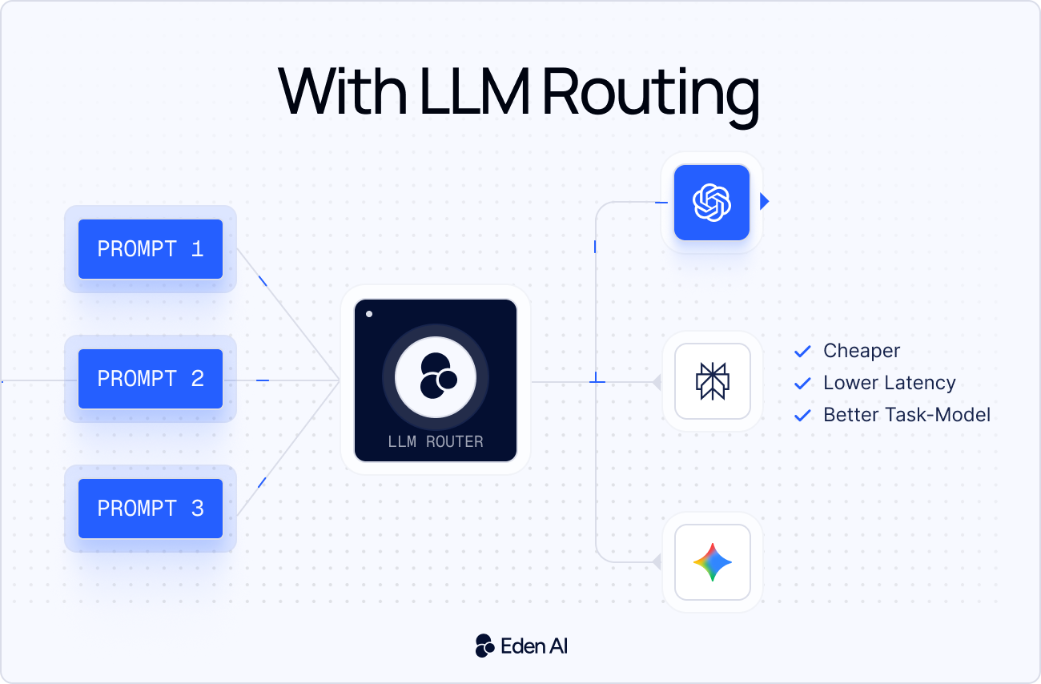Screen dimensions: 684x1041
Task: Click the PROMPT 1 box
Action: (x=151, y=249)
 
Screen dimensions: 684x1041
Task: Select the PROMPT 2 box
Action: (x=151, y=379)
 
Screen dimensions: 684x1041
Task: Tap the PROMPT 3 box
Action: (x=151, y=509)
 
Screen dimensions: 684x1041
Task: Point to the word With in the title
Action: (x=341, y=93)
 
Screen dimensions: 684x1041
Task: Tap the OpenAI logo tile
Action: (x=712, y=203)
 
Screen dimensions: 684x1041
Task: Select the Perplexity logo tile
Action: (x=712, y=381)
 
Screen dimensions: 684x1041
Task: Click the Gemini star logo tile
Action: (x=712, y=562)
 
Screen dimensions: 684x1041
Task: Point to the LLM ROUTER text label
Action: (x=436, y=441)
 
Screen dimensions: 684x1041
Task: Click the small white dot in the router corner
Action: (x=369, y=314)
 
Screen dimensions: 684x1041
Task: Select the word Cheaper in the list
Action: (x=862, y=351)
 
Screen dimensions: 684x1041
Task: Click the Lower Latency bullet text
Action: (x=889, y=383)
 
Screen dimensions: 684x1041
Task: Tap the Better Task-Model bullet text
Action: (x=906, y=415)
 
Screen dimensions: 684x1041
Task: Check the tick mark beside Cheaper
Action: (x=802, y=352)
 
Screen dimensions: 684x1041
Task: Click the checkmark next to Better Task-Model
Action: (x=802, y=416)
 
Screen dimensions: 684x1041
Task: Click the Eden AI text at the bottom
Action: (x=534, y=646)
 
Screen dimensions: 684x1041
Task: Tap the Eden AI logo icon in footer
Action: (x=484, y=646)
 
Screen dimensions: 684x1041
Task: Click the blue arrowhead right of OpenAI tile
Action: (x=764, y=202)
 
